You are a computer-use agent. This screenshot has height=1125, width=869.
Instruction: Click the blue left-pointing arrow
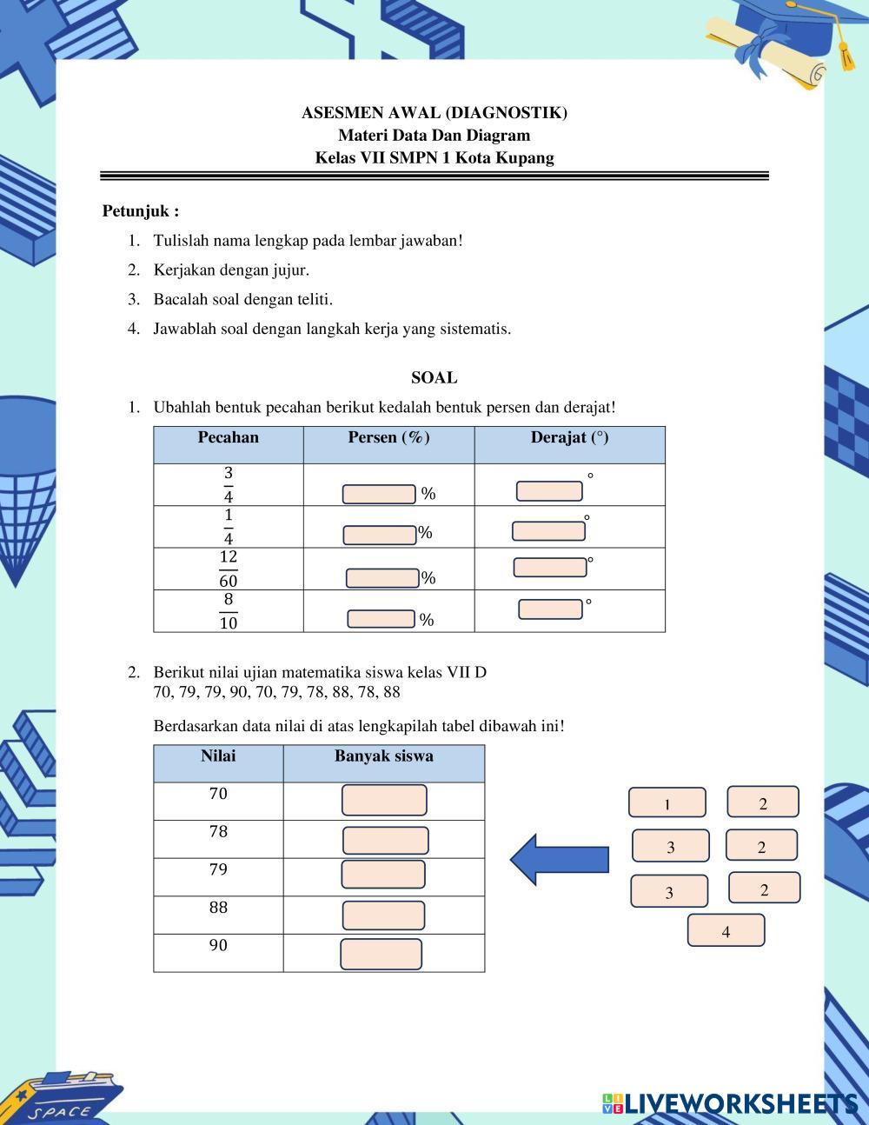coord(559,860)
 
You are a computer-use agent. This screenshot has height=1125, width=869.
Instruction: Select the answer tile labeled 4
coord(726,930)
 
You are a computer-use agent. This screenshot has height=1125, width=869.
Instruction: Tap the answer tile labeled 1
coord(667,802)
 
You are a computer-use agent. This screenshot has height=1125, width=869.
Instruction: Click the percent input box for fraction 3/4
coord(379,494)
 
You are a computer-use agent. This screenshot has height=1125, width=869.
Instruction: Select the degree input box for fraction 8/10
coord(550,609)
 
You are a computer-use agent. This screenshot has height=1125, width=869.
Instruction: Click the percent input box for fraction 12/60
coord(382,577)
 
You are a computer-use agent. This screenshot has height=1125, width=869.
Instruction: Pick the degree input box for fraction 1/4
coord(548,531)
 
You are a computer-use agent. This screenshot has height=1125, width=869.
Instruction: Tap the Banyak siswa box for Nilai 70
coord(384,800)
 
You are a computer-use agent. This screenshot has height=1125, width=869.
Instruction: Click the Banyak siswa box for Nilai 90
coord(381,954)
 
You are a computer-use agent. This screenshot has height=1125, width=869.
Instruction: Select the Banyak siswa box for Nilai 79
coord(383,875)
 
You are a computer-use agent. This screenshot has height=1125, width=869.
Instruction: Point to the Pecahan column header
coord(229,437)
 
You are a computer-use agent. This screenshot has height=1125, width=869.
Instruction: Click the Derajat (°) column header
coord(569,437)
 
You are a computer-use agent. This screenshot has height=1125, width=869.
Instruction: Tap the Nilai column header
coord(218,756)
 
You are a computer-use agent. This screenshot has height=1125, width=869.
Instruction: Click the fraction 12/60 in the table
coord(229,569)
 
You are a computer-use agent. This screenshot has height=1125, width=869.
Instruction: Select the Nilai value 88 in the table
coord(218,908)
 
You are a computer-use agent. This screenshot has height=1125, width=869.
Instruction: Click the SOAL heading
coord(434,377)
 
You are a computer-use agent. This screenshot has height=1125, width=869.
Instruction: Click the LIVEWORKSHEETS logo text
coord(739,1103)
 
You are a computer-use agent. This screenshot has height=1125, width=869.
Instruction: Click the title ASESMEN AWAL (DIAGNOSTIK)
coord(434,113)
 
